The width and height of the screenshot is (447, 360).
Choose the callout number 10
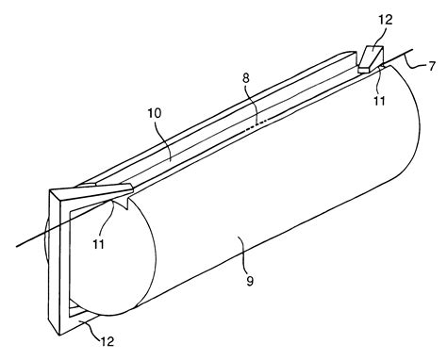(x=155, y=138)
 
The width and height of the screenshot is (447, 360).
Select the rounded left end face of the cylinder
(x=99, y=273)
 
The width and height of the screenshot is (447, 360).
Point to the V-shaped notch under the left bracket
(x=122, y=200)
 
